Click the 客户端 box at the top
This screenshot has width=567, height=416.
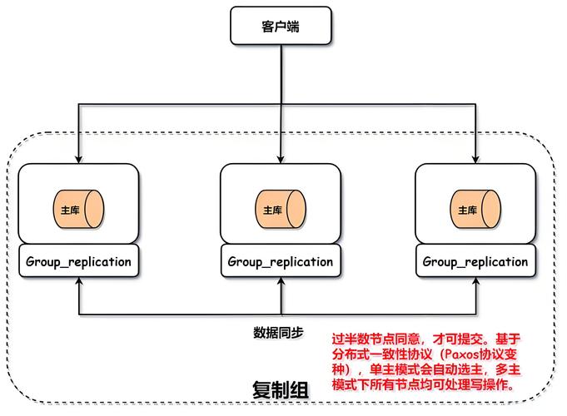point(281,27)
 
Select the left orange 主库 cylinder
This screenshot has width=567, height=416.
point(79,210)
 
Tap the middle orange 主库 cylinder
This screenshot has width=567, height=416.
point(281,210)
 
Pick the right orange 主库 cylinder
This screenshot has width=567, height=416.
point(475,210)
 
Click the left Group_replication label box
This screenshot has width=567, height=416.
point(79,261)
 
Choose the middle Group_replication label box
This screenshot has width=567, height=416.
point(281,261)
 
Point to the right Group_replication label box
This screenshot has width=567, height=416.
point(475,261)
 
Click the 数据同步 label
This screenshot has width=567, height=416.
point(279,333)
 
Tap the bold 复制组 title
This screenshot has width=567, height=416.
point(281,389)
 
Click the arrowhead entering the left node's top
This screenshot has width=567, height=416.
point(79,159)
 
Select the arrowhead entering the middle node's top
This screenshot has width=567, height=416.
point(281,159)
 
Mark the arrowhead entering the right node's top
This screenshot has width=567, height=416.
point(475,159)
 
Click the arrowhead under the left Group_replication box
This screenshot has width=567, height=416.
point(79,283)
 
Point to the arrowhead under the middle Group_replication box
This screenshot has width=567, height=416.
point(281,283)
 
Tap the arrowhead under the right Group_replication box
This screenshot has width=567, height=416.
point(475,283)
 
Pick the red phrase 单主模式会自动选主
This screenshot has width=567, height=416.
point(423,371)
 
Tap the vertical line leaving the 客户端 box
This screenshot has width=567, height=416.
point(281,75)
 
